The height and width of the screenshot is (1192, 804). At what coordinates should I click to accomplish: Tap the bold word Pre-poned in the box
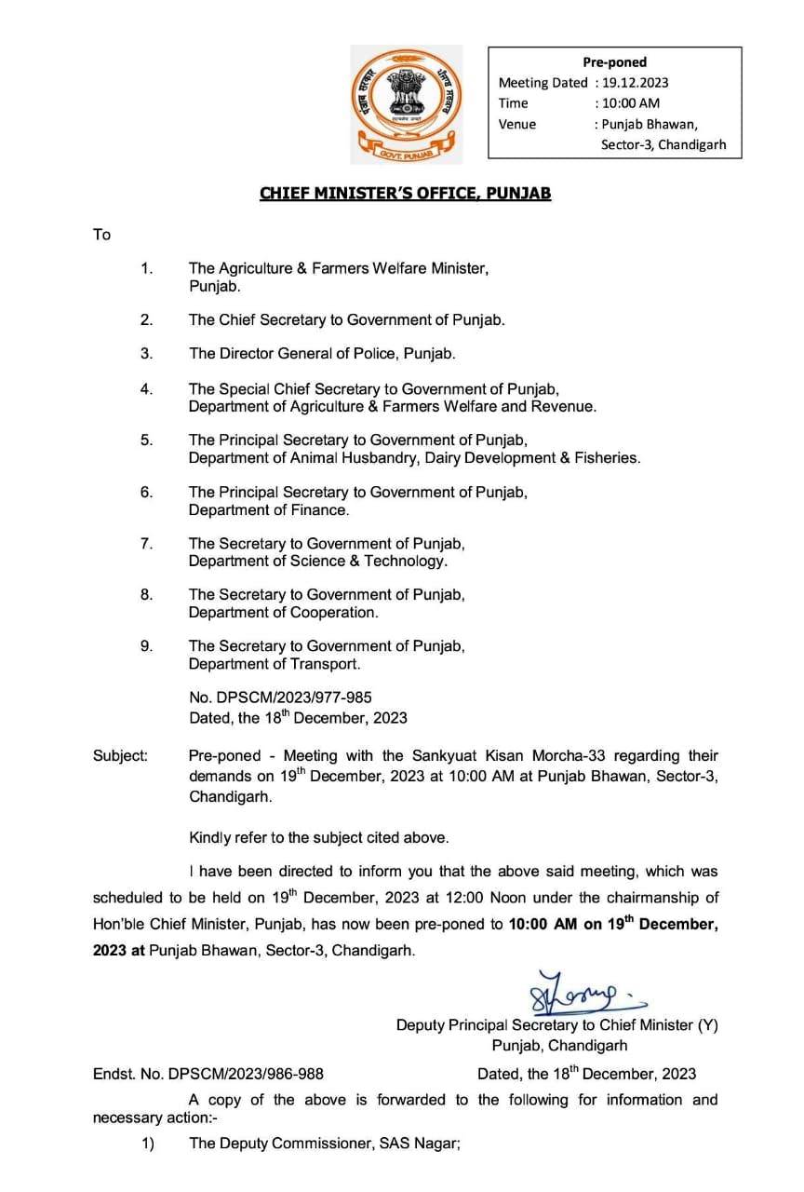[x=615, y=62]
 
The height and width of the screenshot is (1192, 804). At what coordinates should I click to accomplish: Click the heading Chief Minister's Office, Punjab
[x=405, y=194]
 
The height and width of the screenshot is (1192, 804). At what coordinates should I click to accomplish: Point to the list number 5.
[x=146, y=440]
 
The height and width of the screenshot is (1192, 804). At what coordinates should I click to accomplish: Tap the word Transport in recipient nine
[x=327, y=663]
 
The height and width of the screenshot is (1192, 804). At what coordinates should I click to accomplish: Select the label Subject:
[x=119, y=755]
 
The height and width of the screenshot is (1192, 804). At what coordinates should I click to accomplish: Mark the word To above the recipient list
[x=101, y=235]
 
